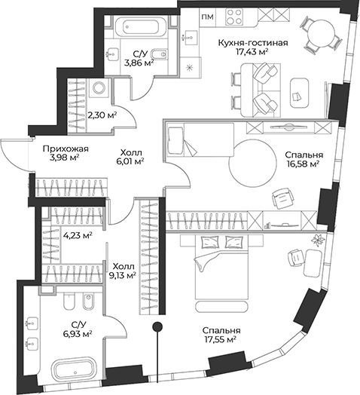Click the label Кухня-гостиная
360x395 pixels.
pos(252,42)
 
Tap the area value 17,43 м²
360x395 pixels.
pos(252,54)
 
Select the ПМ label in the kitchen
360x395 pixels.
pos(209,16)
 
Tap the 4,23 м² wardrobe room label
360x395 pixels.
pos(78,234)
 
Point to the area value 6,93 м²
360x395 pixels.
pos(76,332)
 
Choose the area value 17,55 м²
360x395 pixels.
pos(220,339)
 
